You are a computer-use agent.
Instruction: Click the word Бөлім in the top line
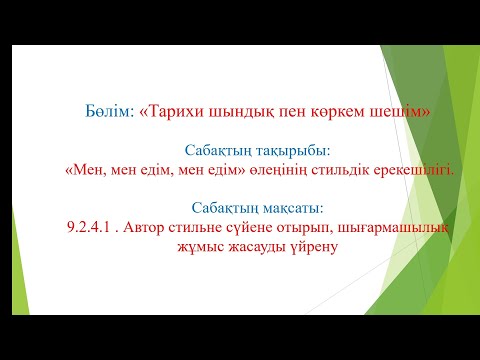[x=109, y=112]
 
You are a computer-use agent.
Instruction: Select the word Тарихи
[x=175, y=112]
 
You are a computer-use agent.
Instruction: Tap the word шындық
[x=236, y=112]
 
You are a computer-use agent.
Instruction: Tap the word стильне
[x=206, y=228]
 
